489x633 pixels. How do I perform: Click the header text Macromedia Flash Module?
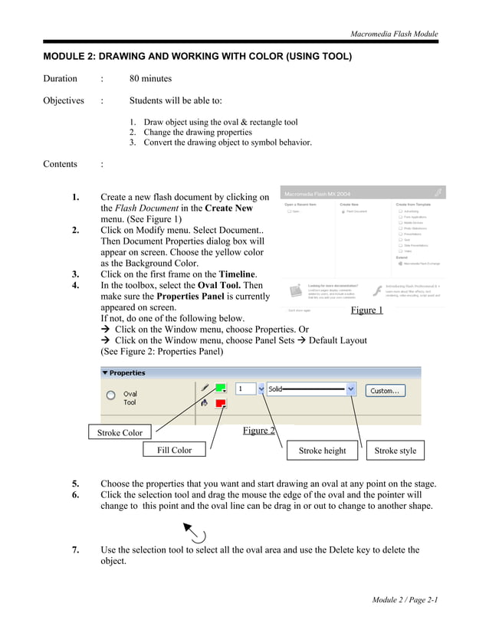tap(394, 34)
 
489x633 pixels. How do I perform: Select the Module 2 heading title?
tap(197, 57)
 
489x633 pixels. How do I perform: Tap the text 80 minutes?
tap(150, 78)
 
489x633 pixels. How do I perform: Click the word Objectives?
tap(63, 100)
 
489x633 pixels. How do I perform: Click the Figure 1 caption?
tap(366, 310)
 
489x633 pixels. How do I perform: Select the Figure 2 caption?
tap(258, 430)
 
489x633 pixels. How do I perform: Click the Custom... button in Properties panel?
tap(385, 390)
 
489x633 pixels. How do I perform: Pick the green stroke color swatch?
tap(220, 389)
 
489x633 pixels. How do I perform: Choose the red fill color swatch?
tap(220, 403)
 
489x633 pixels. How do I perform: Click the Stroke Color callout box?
tap(120, 432)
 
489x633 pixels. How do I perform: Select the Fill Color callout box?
tap(174, 450)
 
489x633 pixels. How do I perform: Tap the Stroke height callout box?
tap(322, 451)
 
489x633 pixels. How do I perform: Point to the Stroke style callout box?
tap(395, 451)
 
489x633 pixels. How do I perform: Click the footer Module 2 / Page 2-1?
tap(405, 599)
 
